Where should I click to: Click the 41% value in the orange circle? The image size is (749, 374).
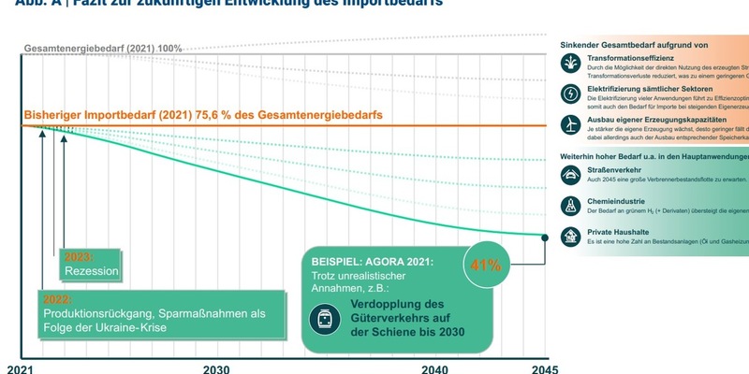[x=485, y=265]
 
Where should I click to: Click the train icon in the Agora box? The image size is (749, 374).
[x=325, y=320]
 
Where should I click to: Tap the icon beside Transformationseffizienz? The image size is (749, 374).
[x=570, y=63]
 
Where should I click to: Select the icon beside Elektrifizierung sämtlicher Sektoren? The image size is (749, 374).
[x=570, y=93]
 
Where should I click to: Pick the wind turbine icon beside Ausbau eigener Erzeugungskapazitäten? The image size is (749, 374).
[x=570, y=124]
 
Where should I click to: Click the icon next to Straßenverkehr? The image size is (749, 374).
[x=570, y=174]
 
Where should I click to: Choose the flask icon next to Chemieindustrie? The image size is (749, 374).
[x=570, y=205]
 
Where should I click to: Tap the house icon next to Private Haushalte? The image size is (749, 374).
[x=570, y=236]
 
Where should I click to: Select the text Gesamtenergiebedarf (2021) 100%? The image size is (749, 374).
[x=103, y=48]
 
